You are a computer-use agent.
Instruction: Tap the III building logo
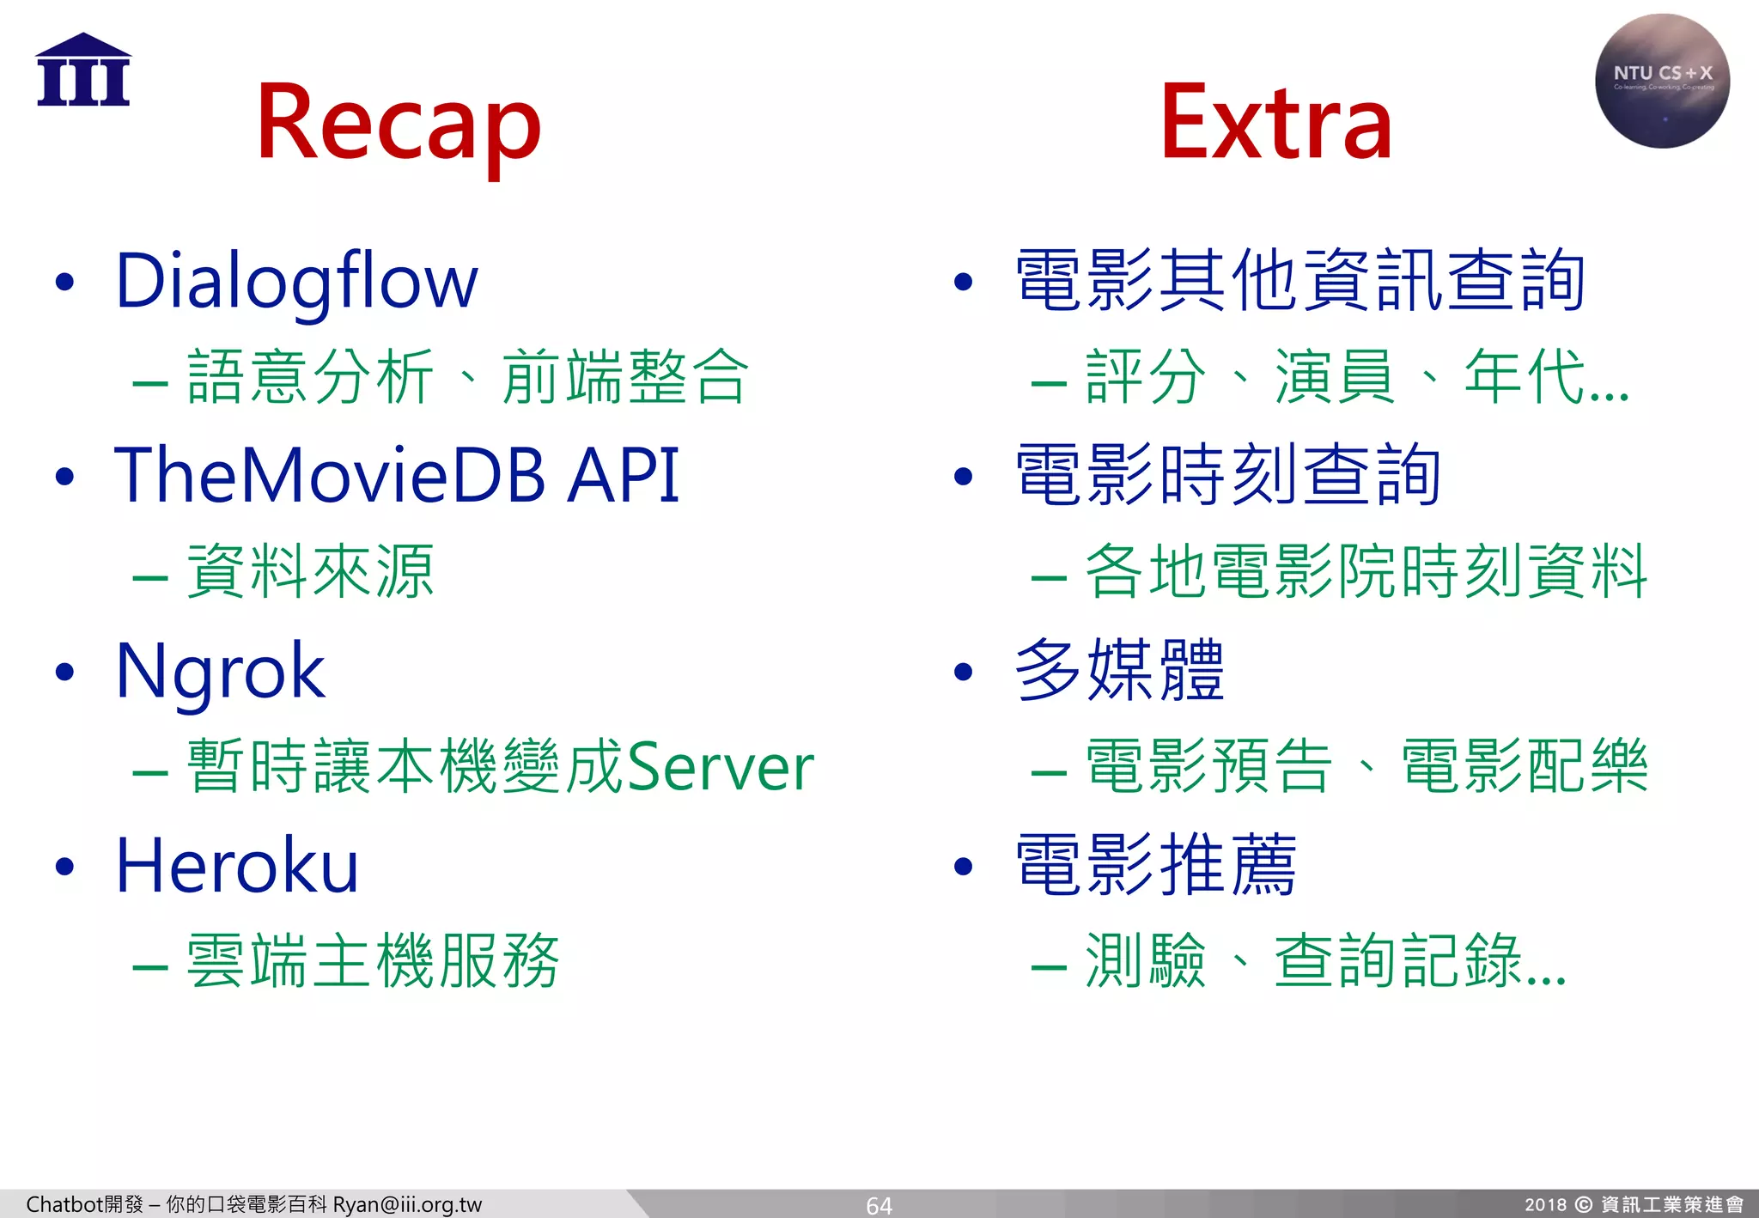pyautogui.click(x=83, y=70)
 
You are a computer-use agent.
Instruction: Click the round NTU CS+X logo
pyautogui.click(x=1662, y=81)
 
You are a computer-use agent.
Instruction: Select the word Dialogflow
pyautogui.click(x=296, y=282)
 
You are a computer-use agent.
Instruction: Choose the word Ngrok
pyautogui.click(x=220, y=672)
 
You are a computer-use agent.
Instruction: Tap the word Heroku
pyautogui.click(x=237, y=866)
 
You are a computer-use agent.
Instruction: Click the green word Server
pyautogui.click(x=720, y=767)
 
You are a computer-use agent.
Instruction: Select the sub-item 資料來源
pyautogui.click(x=310, y=572)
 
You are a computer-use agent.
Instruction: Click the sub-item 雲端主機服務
pyautogui.click(x=373, y=961)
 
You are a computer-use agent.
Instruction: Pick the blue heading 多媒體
pyautogui.click(x=1118, y=671)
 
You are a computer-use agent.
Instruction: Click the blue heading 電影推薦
pyautogui.click(x=1155, y=865)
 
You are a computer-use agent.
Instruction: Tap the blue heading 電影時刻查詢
pyautogui.click(x=1227, y=475)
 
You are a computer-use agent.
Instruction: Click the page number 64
pyautogui.click(x=879, y=1205)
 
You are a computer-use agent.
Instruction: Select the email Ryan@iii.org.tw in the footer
pyautogui.click(x=407, y=1204)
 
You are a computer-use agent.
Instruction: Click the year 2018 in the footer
pyautogui.click(x=1545, y=1204)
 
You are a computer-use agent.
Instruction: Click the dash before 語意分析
pyautogui.click(x=149, y=381)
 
